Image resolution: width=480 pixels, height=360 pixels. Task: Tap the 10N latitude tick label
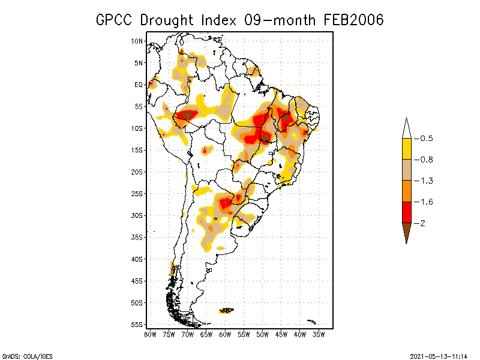pos(138,41)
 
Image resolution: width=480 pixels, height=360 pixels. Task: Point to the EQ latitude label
pos(139,85)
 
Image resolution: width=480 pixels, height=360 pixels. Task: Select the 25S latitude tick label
pos(138,193)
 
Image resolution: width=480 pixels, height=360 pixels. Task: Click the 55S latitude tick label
pos(138,324)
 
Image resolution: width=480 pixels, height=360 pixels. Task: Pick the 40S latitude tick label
pos(138,259)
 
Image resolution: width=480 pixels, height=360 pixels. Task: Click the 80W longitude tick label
pos(150,334)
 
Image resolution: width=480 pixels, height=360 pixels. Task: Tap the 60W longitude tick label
pos(225,334)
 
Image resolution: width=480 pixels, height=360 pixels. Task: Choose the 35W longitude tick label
pos(319,334)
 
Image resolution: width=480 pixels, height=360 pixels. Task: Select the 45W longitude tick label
pos(281,334)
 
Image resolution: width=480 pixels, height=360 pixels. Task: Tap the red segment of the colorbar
pos(406,212)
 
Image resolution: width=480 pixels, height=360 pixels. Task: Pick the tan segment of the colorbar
pos(406,170)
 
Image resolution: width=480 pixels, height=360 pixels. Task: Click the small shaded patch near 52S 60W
pos(227,310)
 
